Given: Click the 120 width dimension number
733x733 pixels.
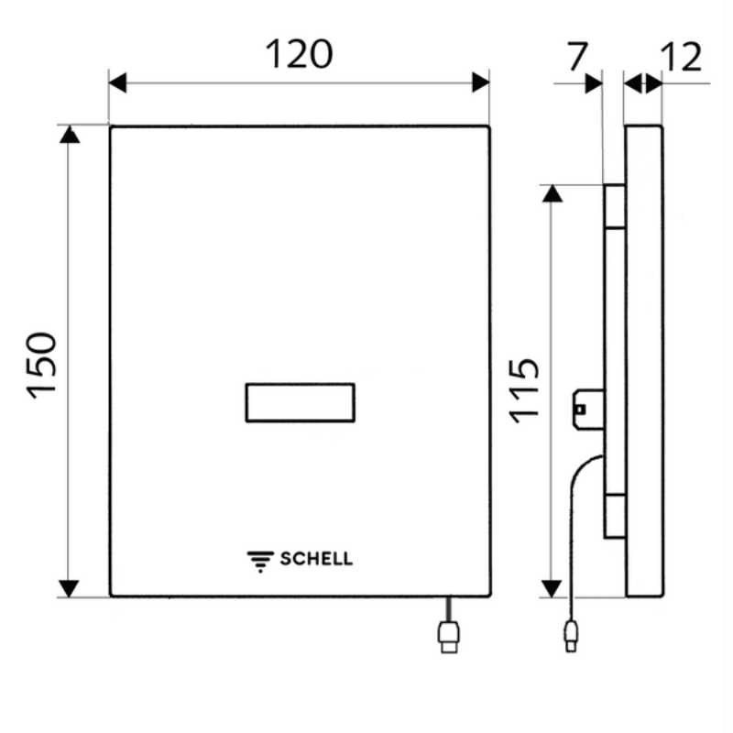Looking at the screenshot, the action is tap(299, 54).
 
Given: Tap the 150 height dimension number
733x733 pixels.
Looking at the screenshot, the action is tap(42, 366).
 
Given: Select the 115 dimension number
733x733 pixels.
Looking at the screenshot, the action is tap(524, 391).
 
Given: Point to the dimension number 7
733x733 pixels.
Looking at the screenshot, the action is tap(577, 56).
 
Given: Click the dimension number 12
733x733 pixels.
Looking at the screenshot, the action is tap(682, 57).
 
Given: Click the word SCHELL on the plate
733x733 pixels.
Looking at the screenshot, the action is tap(316, 559).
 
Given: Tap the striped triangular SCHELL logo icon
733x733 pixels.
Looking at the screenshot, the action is tap(260, 562).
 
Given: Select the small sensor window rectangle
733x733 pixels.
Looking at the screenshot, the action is tap(301, 402).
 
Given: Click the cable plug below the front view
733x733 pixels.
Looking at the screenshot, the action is tap(449, 637).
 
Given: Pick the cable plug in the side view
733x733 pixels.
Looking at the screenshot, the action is tap(571, 636).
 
